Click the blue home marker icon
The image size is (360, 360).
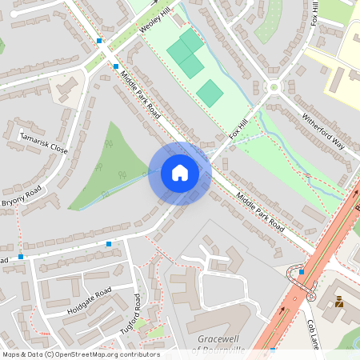[x=180, y=173]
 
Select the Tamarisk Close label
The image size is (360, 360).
[x=44, y=142]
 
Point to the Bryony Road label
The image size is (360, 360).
[x=21, y=197]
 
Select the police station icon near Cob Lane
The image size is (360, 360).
[x=338, y=302]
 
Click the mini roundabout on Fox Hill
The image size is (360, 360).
[x=274, y=87]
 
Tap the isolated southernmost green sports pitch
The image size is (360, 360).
[x=210, y=93]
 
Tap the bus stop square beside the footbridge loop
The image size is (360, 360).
[x=301, y=272]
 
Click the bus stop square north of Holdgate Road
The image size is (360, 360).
[x=109, y=243]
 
